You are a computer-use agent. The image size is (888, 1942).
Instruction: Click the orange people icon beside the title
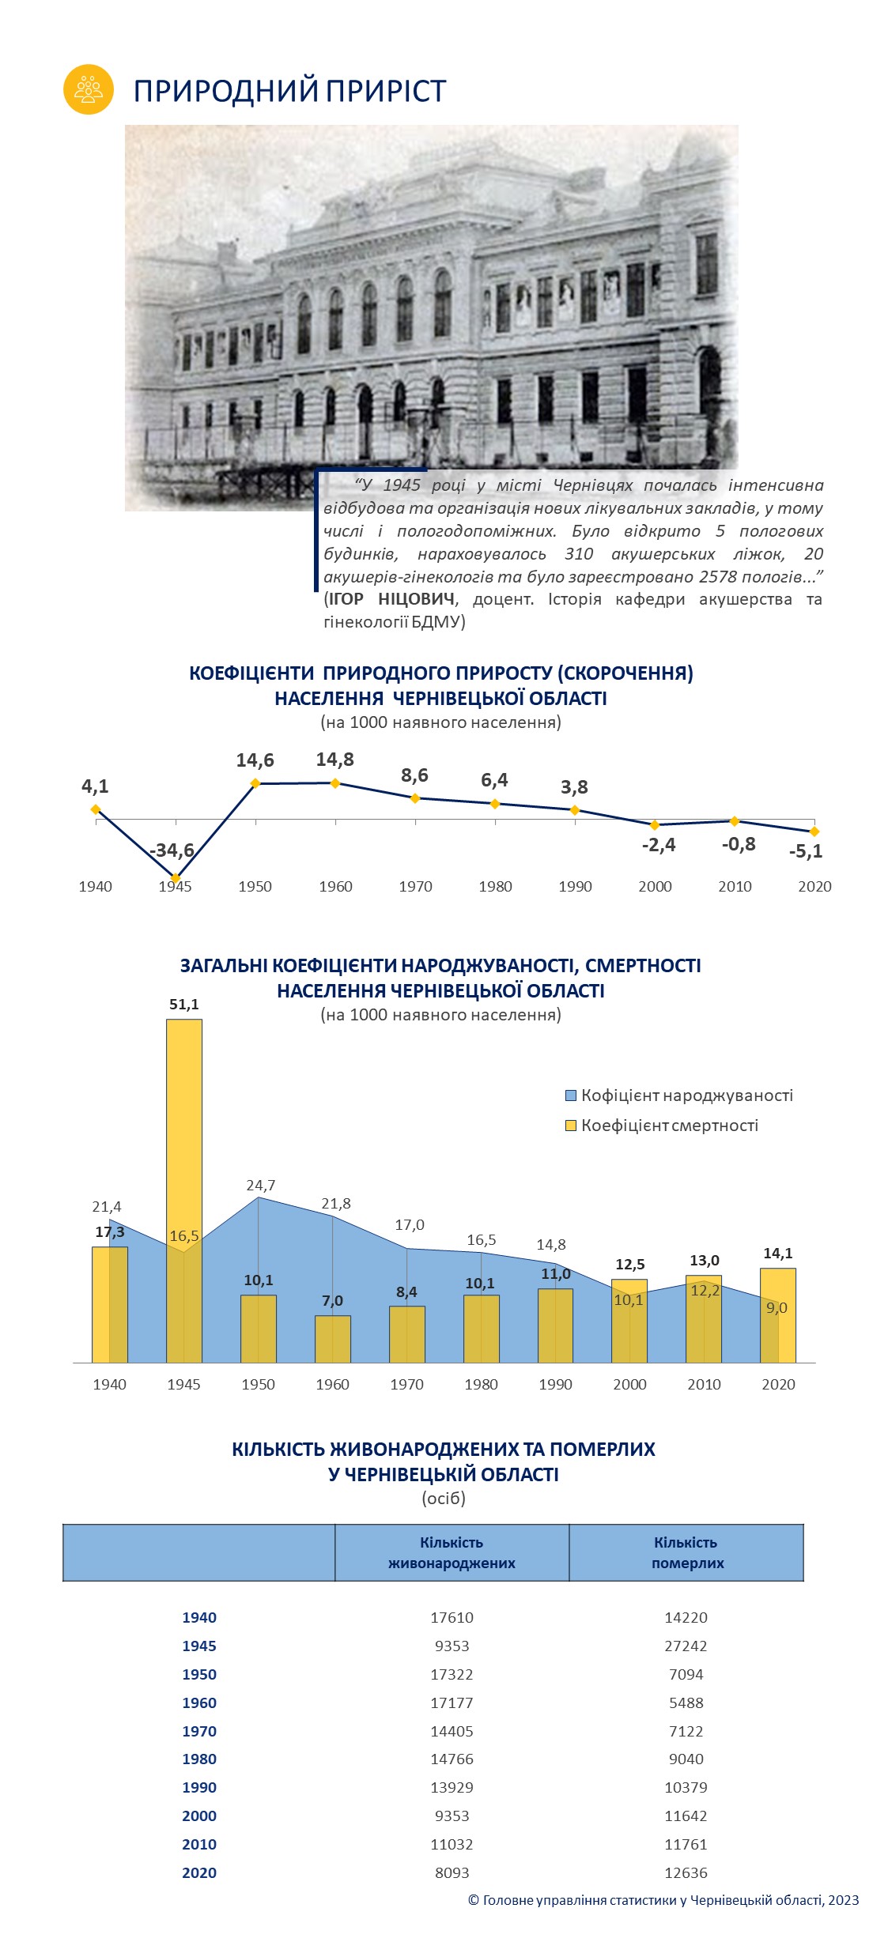[x=89, y=89]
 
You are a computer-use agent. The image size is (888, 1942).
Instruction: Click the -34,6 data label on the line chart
[x=172, y=850]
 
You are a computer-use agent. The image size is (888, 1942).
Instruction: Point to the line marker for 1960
[x=335, y=783]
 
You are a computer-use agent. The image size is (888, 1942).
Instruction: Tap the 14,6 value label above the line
[x=255, y=760]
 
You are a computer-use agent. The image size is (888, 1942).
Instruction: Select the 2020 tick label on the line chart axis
[x=814, y=887]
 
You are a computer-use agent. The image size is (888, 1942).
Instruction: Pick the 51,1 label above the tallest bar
[x=184, y=1005]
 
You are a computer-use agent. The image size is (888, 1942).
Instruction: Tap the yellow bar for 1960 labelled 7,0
[x=333, y=1339]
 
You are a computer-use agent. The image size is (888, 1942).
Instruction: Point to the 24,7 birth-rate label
[x=260, y=1186]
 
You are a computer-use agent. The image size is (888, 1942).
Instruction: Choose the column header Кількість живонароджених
[x=452, y=1553]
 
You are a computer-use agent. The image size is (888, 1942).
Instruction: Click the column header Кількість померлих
[x=686, y=1553]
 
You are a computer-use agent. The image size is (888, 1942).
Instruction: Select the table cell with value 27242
[x=686, y=1646]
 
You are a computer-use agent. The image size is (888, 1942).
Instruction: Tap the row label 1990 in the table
[x=199, y=1788]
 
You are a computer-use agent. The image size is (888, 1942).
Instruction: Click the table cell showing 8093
[x=452, y=1873]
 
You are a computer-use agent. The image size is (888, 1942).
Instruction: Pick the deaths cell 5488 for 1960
[x=686, y=1703]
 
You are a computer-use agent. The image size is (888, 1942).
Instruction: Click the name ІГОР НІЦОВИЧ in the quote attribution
[x=391, y=599]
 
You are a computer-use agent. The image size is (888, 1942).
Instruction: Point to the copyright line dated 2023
[x=663, y=1900]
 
